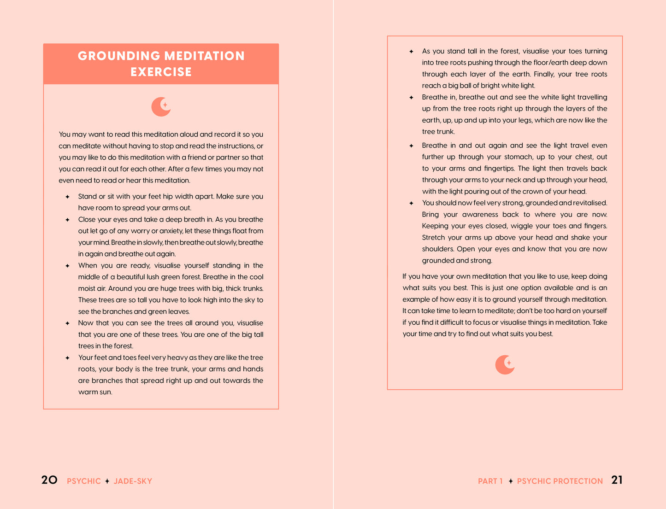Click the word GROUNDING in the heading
[119, 56]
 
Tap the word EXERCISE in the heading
[161, 72]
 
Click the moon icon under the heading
[161, 107]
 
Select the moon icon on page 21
[505, 365]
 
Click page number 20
[49, 480]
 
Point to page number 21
[617, 480]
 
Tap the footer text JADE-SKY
[133, 481]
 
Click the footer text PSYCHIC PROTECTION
[560, 481]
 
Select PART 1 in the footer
[490, 481]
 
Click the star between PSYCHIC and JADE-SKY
[107, 481]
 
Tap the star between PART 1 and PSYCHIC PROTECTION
[511, 481]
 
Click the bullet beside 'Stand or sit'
[67, 197]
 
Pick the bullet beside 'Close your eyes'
[67, 220]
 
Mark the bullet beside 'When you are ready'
[67, 266]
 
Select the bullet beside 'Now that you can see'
[67, 323]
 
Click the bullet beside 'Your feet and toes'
[67, 358]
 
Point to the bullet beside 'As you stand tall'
[411, 52]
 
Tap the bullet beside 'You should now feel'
[411, 203]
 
